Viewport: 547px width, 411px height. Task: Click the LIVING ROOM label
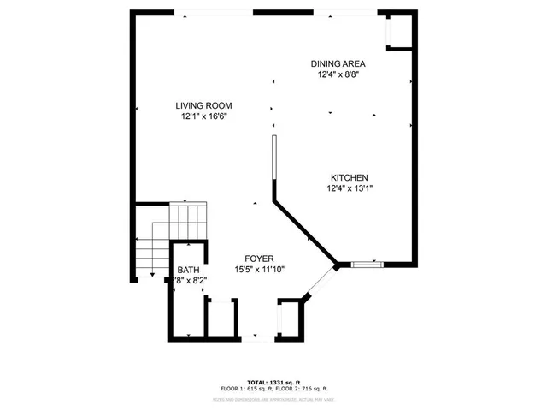[x=204, y=105]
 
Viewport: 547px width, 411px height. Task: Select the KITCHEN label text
[x=350, y=177]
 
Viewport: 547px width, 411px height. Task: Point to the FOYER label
[x=260, y=257]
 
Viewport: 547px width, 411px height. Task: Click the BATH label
[x=188, y=270]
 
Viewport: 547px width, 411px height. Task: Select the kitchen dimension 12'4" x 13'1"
[x=350, y=188]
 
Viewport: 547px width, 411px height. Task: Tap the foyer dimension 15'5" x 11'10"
[x=260, y=269]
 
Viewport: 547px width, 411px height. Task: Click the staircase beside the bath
[x=171, y=235]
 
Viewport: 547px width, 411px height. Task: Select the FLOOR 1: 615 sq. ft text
[x=240, y=389]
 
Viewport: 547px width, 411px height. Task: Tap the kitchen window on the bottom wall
[x=368, y=265]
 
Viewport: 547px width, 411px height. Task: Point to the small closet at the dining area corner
[x=397, y=33]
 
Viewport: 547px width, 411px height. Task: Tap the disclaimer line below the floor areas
[x=272, y=399]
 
